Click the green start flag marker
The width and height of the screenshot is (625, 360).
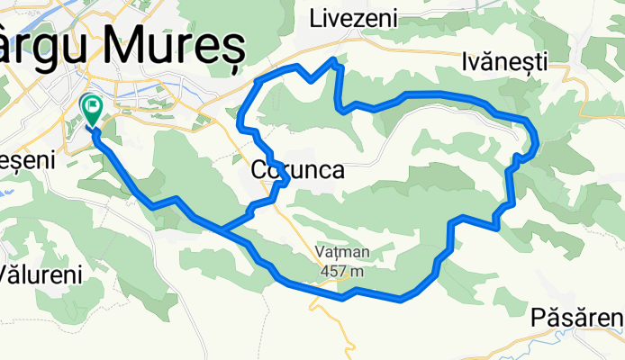92,107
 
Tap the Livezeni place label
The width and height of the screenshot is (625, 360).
349,18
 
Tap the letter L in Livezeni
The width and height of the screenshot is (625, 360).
315,18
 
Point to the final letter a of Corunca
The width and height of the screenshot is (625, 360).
335,169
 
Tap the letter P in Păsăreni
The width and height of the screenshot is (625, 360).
538,318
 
